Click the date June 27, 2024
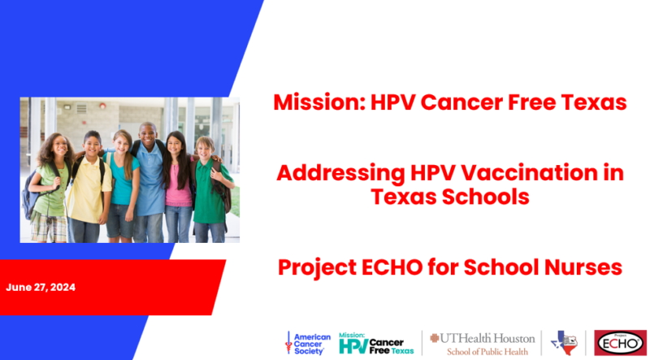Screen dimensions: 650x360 [41, 288]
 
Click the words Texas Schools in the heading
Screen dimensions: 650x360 [450, 197]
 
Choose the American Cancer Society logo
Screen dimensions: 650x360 [308, 344]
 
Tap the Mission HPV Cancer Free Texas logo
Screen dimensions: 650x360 [376, 343]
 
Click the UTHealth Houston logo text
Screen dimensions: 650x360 [483, 338]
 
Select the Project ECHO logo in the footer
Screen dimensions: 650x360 [620, 343]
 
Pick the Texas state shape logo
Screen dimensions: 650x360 [564, 343]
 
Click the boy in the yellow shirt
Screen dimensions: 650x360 [89, 187]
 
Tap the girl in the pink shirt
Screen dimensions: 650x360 [177, 187]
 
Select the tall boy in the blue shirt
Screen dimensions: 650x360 [149, 183]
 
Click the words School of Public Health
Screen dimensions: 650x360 [487, 351]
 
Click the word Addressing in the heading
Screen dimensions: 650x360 [340, 174]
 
